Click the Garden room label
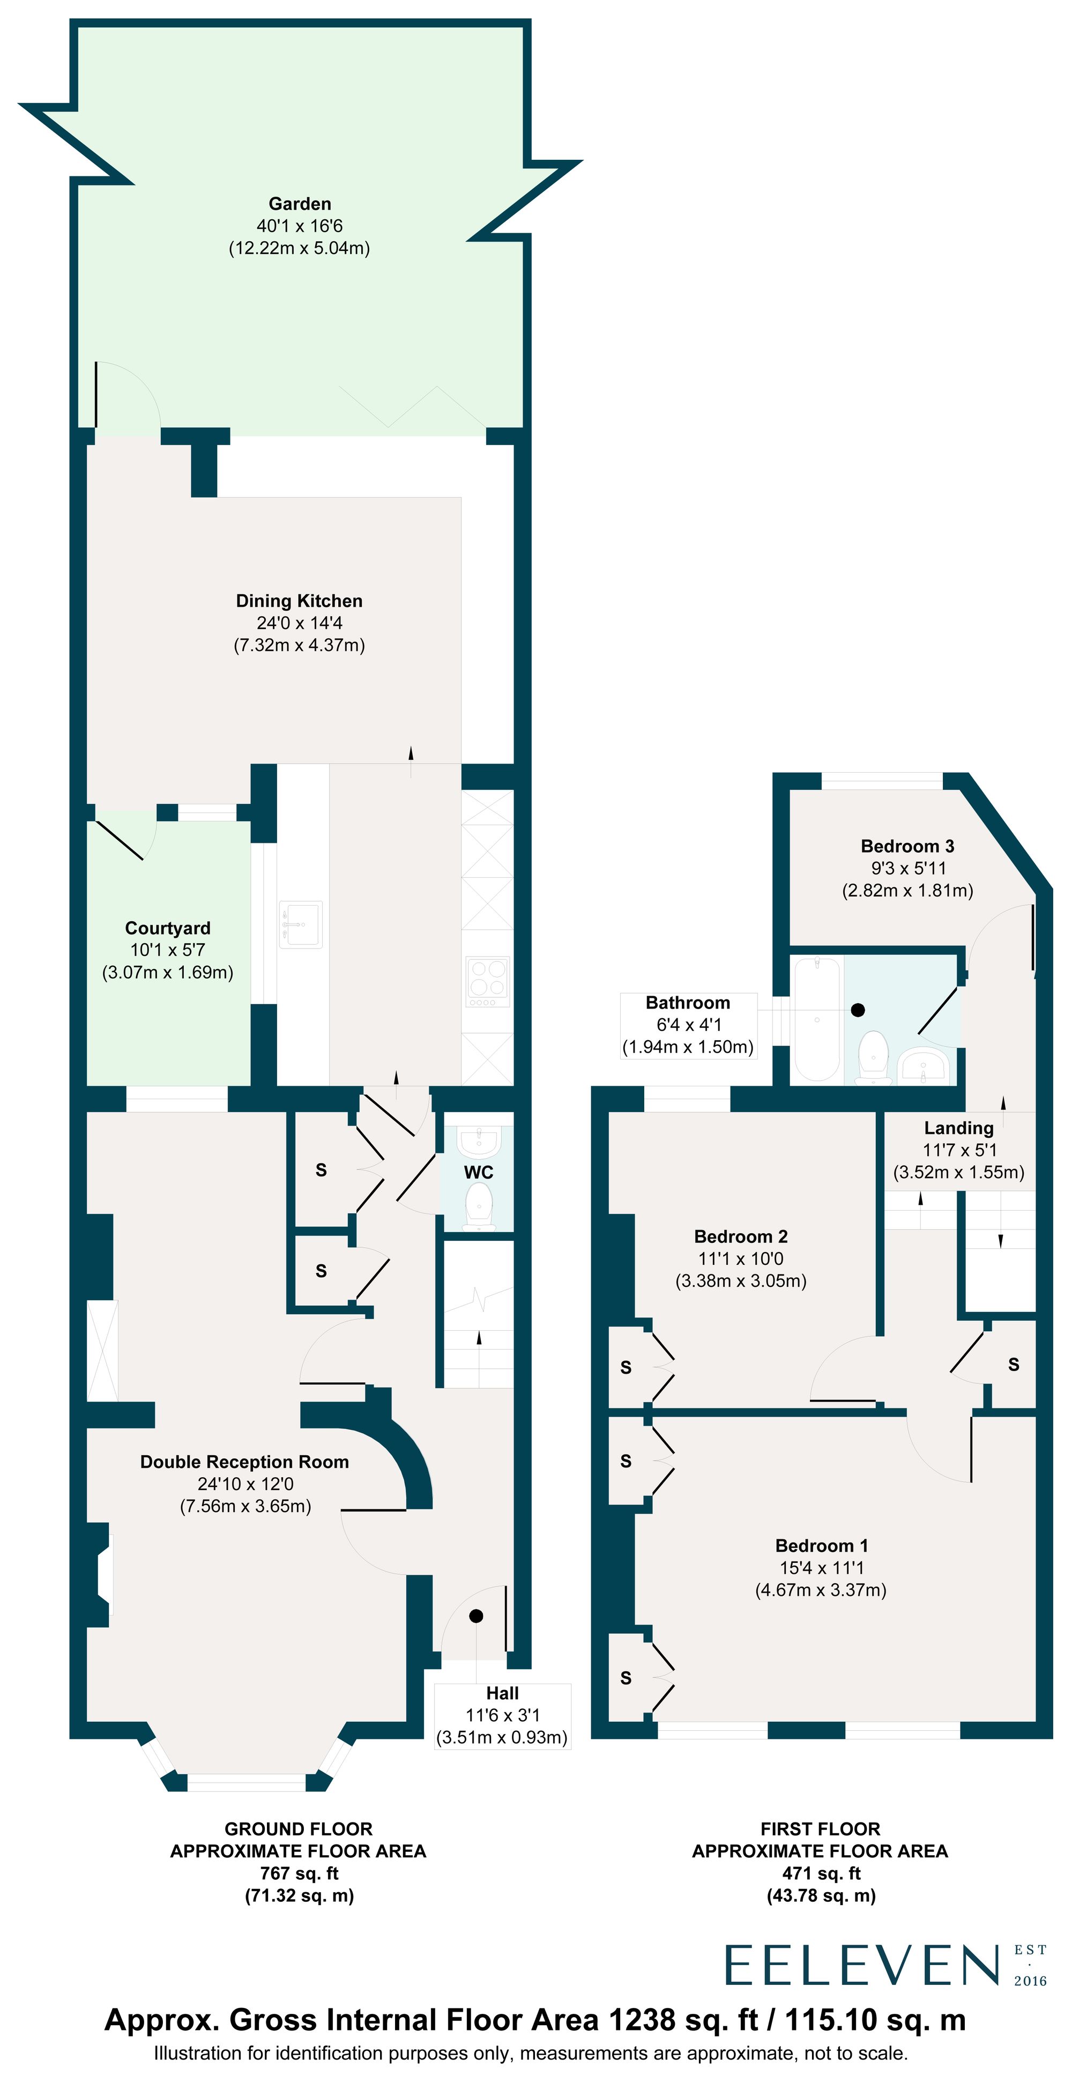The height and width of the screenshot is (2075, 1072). [x=300, y=204]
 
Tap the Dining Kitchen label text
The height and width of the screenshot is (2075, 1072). [x=299, y=601]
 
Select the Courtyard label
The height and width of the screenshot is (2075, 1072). [x=168, y=928]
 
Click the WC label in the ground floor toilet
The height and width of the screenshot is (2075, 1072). [x=479, y=1172]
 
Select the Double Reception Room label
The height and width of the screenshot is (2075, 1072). [x=245, y=1462]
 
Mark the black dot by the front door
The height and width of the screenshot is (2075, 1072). [x=476, y=1616]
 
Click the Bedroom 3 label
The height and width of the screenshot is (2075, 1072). [x=907, y=846]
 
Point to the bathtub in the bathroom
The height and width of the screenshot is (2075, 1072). [x=817, y=1019]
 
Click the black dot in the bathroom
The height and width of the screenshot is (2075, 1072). [x=858, y=1009]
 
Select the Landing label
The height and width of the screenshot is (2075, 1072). [x=958, y=1128]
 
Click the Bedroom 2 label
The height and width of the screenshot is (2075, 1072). [x=741, y=1236]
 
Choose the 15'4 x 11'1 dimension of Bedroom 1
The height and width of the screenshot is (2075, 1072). [x=821, y=1568]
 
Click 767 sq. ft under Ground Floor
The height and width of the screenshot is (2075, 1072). [x=299, y=1873]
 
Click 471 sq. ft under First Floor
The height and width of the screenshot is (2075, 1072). [x=821, y=1873]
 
